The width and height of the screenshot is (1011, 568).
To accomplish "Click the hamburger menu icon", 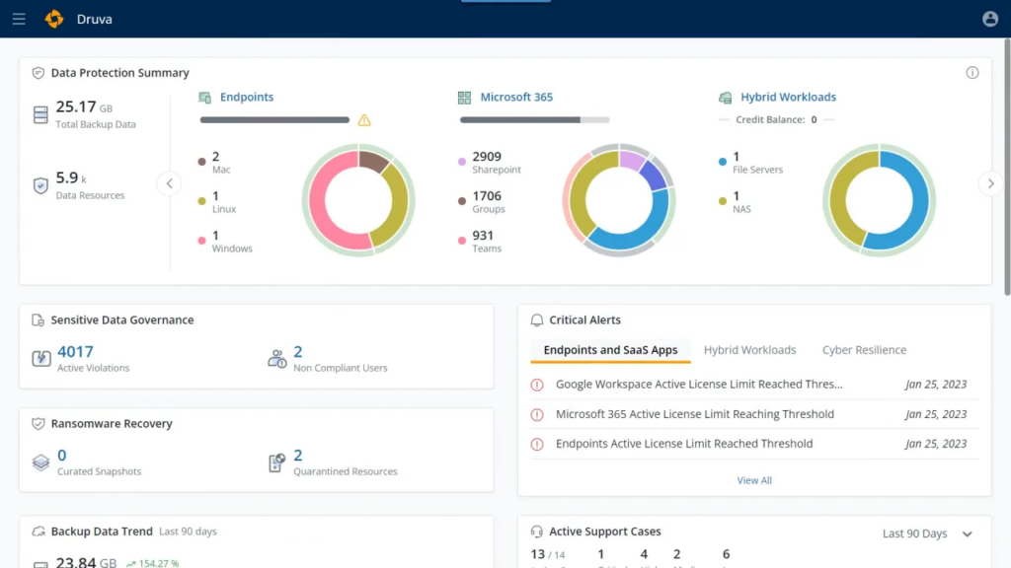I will click(x=19, y=19).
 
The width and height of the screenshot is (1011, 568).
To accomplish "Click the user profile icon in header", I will click(x=990, y=19).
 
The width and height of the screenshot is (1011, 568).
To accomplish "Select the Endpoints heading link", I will click(x=246, y=97).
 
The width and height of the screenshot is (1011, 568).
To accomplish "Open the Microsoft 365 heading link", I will click(x=516, y=97).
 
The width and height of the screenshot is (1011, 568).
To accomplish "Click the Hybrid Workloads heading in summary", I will click(x=788, y=97).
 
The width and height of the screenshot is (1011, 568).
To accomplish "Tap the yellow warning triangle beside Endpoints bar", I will click(x=364, y=120).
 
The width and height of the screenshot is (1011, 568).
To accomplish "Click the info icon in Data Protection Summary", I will click(x=972, y=73).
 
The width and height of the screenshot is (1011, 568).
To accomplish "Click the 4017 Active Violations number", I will click(x=75, y=351).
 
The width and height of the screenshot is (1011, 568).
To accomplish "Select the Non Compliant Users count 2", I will click(x=298, y=351).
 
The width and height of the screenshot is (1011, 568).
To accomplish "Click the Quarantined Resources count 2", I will click(x=298, y=455).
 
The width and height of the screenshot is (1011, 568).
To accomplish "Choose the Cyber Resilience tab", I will click(x=864, y=350).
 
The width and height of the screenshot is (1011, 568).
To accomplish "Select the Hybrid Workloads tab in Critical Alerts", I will click(x=749, y=350).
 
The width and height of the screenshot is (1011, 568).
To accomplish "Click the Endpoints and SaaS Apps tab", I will click(x=610, y=350).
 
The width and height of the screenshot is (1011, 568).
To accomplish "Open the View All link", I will click(x=754, y=480).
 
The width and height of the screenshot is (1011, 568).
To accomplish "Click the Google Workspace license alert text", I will click(x=699, y=385).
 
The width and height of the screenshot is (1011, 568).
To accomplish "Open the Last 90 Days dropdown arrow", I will click(x=968, y=533).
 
